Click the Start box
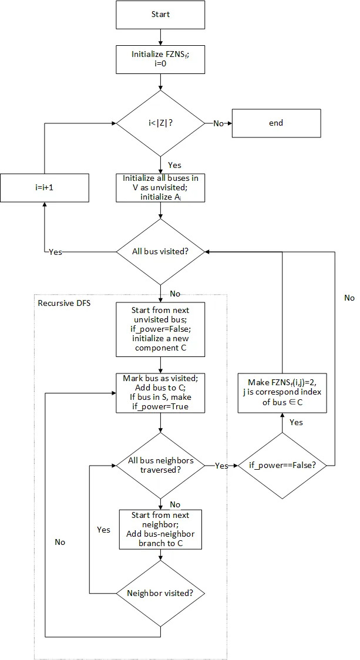point(160,14)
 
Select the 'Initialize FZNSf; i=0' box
point(160,59)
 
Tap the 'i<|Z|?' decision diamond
point(160,123)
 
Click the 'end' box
point(275,123)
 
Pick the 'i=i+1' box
point(45,188)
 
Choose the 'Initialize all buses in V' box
point(160,188)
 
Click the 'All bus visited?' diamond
point(160,251)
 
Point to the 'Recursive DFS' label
point(60,303)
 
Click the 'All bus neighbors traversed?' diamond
point(160,465)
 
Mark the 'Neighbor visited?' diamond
point(160,592)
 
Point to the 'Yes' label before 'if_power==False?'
point(221,466)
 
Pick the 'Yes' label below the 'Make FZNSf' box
point(296,422)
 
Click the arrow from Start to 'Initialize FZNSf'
point(160,37)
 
